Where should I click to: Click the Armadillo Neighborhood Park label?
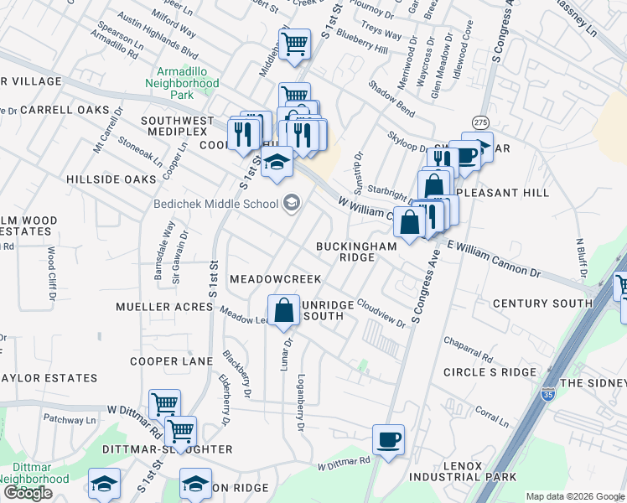182,83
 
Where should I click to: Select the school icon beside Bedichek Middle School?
292,201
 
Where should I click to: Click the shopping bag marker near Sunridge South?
285,309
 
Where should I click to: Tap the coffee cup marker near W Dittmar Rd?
389,439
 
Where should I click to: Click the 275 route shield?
480,122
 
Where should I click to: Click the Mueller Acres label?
164,307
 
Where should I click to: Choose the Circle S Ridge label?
489,371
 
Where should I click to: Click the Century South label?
542,303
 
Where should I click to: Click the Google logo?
28,492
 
